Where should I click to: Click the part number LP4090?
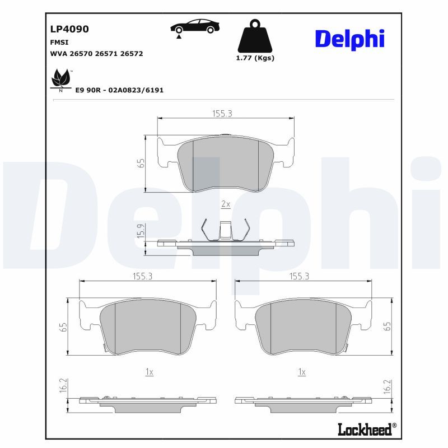click(x=69, y=29)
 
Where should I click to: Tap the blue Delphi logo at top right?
click(x=349, y=39)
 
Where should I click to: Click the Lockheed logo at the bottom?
click(x=367, y=430)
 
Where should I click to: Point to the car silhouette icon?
click(x=195, y=27)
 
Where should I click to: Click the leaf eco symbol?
click(x=60, y=79)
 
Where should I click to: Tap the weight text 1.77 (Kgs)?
click(x=255, y=58)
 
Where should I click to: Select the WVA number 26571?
click(x=106, y=54)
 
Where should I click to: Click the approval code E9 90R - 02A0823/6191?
click(x=119, y=90)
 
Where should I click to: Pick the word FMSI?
click(x=59, y=43)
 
